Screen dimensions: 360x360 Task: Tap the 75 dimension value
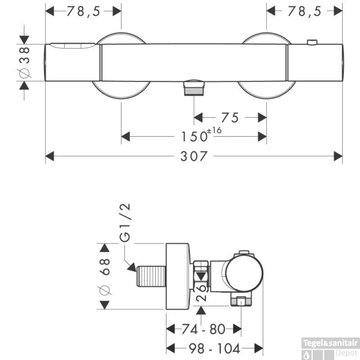230,117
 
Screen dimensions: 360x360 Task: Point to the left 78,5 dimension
83,12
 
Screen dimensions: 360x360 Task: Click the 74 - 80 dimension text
204,329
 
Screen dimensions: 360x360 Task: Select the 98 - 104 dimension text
215,347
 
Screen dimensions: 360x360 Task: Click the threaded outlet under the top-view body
194,87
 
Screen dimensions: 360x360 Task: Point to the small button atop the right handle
311,42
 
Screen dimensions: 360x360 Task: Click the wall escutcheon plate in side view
179,276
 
